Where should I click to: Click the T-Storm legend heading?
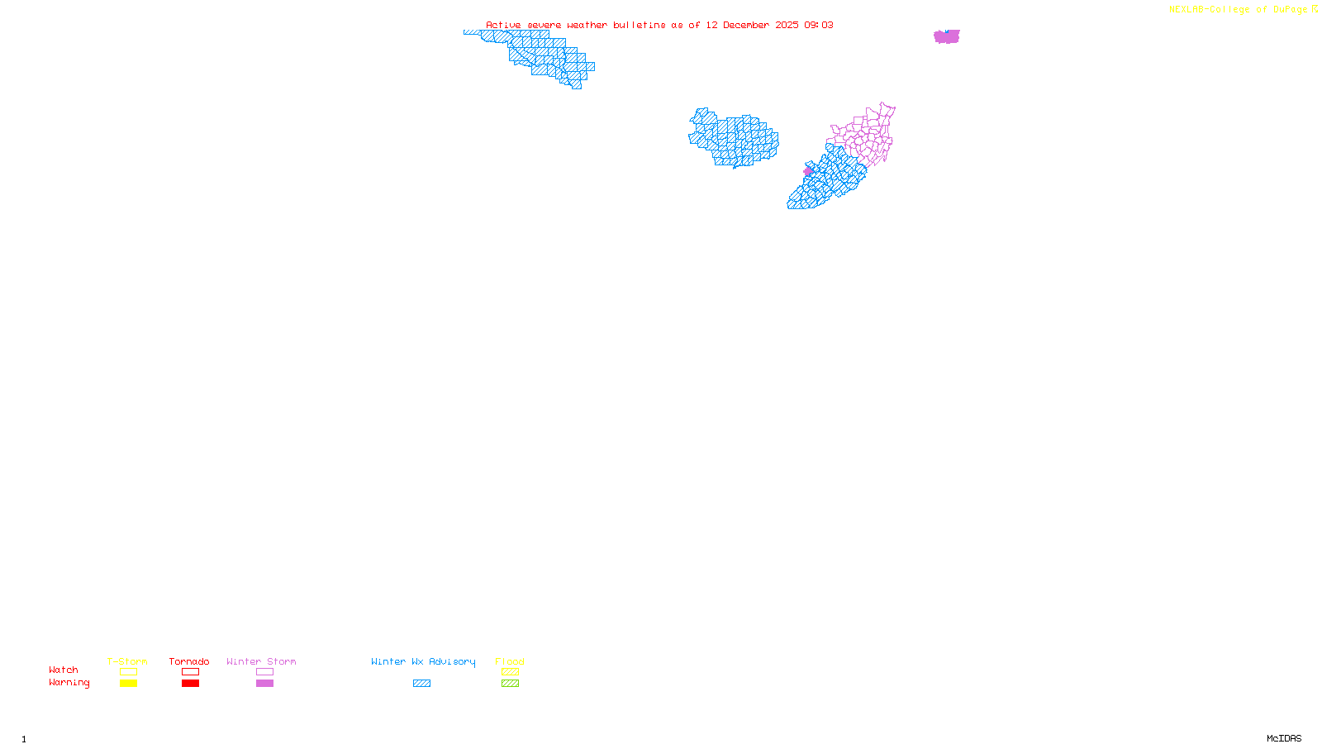(x=127, y=661)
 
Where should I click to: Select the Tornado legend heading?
(x=189, y=661)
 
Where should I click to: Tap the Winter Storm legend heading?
(x=261, y=661)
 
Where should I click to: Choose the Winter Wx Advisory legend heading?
(x=423, y=661)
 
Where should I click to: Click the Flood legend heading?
(x=510, y=661)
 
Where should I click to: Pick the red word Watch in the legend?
(x=64, y=670)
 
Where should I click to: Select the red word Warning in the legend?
(x=69, y=683)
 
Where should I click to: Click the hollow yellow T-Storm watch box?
(x=128, y=672)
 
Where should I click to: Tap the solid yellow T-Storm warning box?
(x=128, y=684)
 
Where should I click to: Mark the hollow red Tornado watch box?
(x=190, y=672)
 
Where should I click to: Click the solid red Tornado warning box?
(x=190, y=684)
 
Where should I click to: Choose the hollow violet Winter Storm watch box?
(x=264, y=672)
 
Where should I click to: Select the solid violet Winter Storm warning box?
(x=264, y=684)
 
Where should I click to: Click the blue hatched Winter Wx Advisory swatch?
(x=421, y=684)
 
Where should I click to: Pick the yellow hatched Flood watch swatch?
(x=510, y=672)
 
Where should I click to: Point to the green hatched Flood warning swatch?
(x=510, y=684)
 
